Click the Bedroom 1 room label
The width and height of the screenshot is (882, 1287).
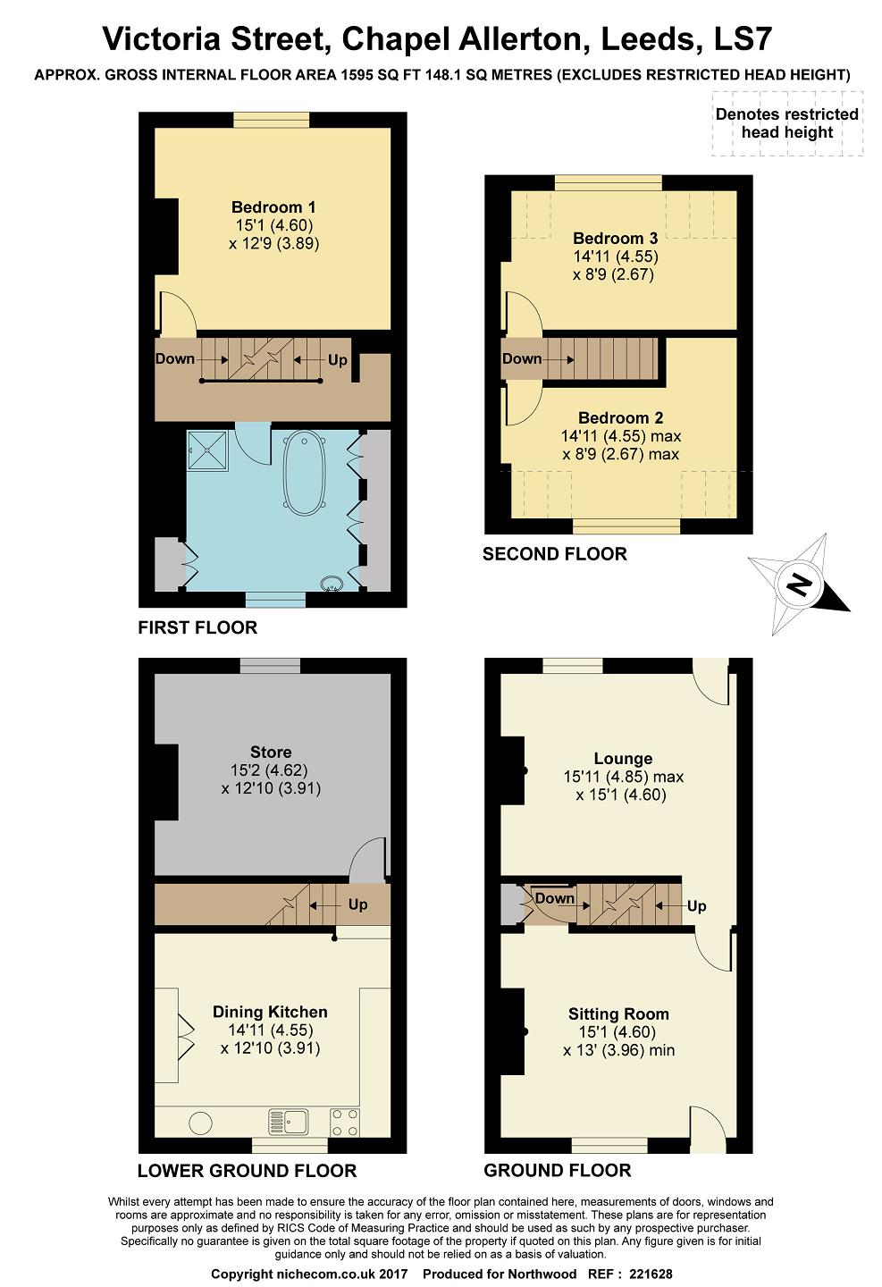[273, 206]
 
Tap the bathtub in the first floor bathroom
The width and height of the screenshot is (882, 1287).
[305, 473]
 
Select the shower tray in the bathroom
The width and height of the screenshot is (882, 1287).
[207, 451]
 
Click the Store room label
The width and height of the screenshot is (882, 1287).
[271, 752]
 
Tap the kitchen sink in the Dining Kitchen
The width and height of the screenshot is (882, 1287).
[288, 1121]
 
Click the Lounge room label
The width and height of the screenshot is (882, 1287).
[623, 759]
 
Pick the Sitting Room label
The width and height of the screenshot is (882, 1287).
[618, 1014]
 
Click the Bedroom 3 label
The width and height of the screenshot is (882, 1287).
[616, 238]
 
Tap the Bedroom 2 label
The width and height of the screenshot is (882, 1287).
[620, 417]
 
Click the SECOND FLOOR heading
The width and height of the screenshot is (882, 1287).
[554, 554]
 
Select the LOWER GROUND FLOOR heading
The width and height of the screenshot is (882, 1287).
[247, 1171]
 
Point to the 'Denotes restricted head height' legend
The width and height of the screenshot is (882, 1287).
[787, 123]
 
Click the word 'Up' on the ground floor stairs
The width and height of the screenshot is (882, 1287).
[696, 906]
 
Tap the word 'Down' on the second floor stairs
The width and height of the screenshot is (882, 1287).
[522, 358]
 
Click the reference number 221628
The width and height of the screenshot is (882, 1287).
[651, 1274]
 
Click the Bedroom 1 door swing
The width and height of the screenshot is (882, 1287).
[179, 313]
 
